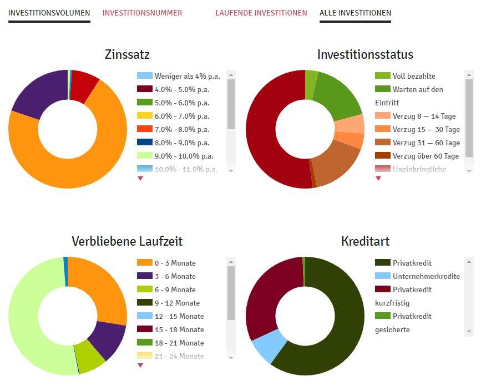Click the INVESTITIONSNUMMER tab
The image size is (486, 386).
(x=142, y=13)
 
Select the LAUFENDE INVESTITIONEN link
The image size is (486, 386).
(x=261, y=13)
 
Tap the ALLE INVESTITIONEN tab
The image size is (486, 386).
(x=355, y=13)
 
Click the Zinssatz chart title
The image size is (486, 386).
(x=127, y=54)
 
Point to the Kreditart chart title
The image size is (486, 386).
(x=365, y=241)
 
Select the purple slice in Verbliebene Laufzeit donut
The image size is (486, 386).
(x=109, y=339)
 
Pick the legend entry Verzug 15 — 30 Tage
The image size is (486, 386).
(x=426, y=129)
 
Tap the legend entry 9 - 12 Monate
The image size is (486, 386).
(x=177, y=303)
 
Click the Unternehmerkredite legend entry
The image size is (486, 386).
(x=426, y=276)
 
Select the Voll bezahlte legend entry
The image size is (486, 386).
(x=414, y=76)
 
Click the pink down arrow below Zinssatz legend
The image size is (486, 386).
(x=140, y=178)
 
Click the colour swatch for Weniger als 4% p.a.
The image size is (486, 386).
(x=144, y=76)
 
